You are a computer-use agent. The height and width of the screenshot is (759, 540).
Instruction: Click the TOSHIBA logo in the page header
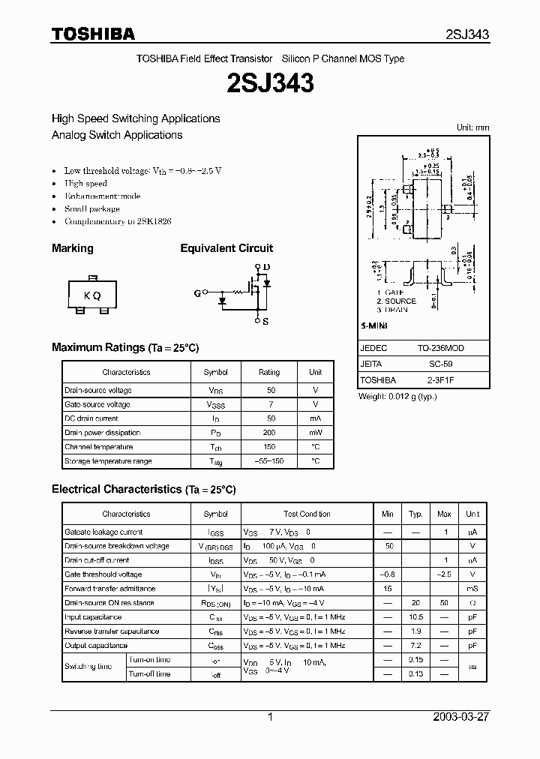(93, 34)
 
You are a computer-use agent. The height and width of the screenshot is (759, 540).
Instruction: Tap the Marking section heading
(73, 248)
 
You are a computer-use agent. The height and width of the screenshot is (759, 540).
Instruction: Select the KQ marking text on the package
(92, 295)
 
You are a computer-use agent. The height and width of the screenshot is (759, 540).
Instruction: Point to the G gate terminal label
(197, 294)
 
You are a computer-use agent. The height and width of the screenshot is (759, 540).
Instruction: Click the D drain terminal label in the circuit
(266, 267)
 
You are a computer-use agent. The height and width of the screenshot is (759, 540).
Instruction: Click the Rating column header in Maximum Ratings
(269, 372)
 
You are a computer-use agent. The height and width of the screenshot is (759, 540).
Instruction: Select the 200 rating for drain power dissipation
(269, 433)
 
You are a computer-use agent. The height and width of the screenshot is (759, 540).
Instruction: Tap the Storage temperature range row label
(108, 461)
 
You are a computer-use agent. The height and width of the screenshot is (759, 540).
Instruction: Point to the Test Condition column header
(307, 514)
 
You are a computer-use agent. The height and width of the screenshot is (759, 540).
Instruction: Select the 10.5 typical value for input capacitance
(415, 617)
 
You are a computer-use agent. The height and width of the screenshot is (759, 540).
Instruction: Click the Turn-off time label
(150, 674)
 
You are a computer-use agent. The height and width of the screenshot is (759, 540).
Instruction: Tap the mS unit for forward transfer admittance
(472, 589)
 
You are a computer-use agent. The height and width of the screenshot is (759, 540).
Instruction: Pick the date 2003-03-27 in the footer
(461, 717)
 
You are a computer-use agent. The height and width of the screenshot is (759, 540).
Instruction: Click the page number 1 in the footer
(270, 717)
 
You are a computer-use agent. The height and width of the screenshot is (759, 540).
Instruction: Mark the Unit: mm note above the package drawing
(472, 128)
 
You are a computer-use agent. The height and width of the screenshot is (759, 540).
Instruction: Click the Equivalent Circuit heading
(226, 248)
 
